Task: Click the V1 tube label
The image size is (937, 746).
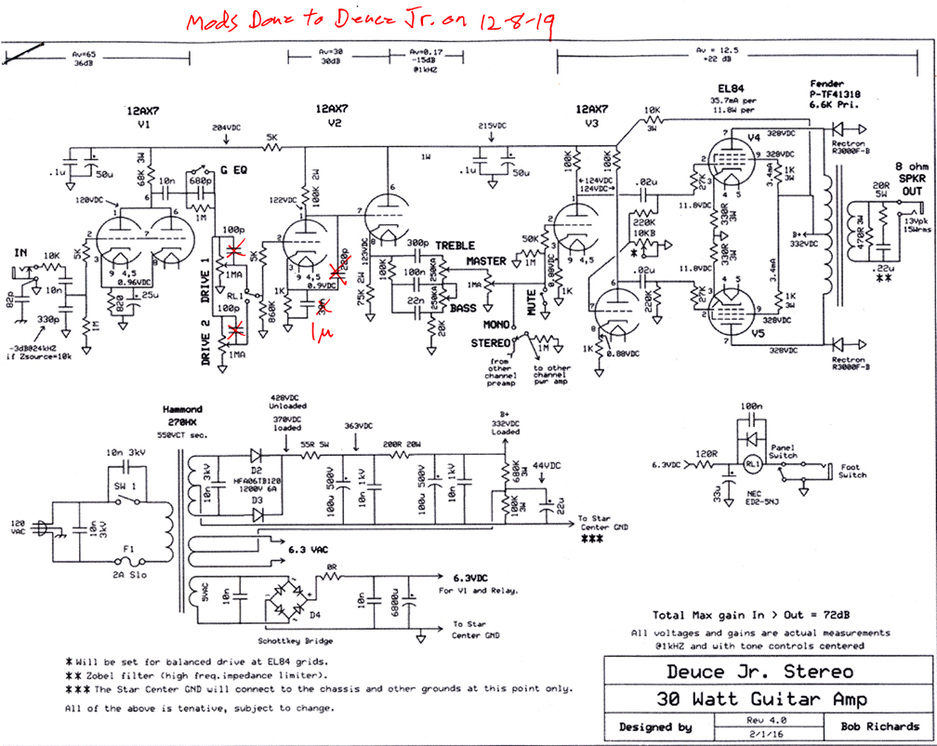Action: (143, 123)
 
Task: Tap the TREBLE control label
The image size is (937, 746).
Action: (455, 246)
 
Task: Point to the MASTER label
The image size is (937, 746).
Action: (486, 262)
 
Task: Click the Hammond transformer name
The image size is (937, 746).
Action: (183, 408)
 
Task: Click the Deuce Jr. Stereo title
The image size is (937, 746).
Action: (759, 671)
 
